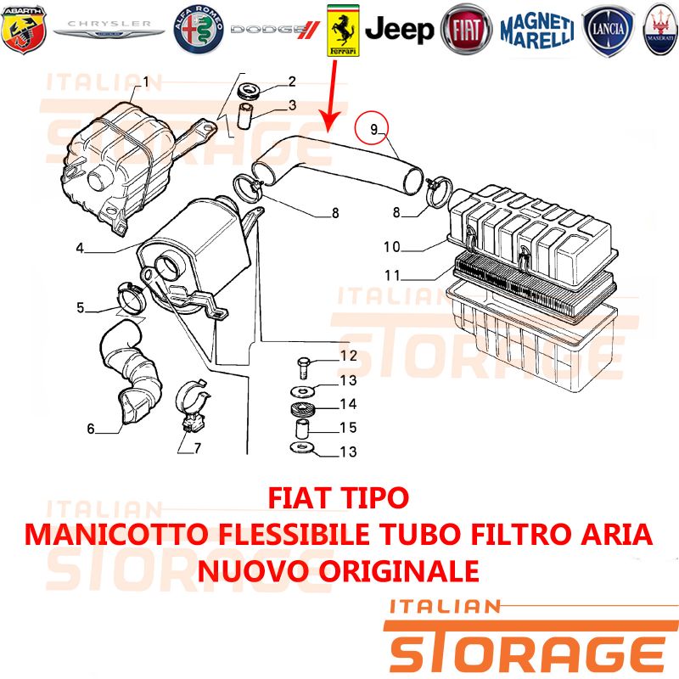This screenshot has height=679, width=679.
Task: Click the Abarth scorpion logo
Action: point(24,30)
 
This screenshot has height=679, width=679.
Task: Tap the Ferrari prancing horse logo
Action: point(343,31)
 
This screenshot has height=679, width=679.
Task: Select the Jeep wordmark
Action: point(399,30)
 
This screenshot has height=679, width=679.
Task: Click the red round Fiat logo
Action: point(466,30)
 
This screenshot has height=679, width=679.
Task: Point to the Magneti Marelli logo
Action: point(537,30)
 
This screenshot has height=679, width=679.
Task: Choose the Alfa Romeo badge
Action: point(199,30)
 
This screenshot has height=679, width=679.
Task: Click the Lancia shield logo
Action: point(608,30)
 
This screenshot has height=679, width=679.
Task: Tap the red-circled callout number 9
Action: point(373,130)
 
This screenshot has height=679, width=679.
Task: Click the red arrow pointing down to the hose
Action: point(332,96)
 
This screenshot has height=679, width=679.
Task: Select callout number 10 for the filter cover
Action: point(392,247)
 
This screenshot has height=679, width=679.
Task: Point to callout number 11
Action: point(392,275)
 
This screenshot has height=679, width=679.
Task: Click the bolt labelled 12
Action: point(304,368)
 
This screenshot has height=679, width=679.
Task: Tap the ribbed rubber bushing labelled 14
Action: point(301,409)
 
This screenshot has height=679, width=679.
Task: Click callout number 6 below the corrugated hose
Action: point(91,429)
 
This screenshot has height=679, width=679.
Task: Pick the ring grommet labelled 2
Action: point(249,90)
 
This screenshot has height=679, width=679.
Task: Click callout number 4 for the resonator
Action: point(80,248)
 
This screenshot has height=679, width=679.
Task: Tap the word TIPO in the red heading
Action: point(373,498)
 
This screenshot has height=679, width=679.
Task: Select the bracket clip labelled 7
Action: point(193,407)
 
